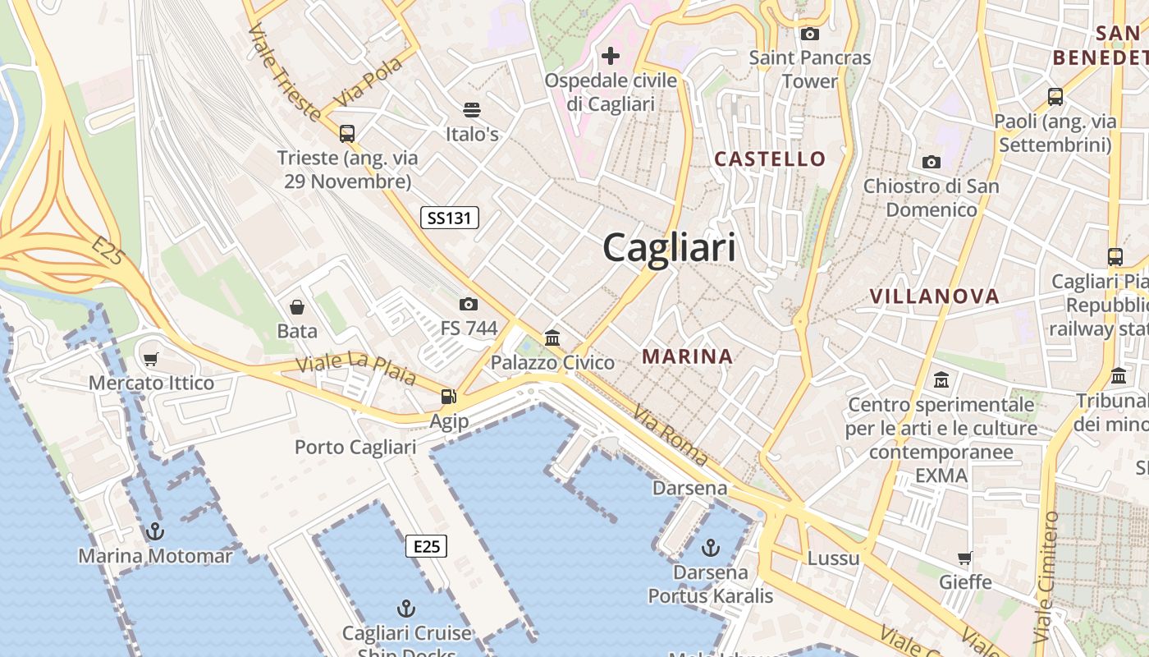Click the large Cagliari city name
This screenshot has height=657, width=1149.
(670, 247)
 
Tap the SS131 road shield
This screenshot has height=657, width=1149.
(449, 218)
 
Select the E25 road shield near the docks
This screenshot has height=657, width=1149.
(427, 546)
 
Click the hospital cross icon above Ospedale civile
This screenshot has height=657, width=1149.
(611, 56)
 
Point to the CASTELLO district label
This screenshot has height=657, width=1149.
(770, 159)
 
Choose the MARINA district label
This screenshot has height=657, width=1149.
(688, 356)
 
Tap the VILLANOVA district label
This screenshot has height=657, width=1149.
(934, 296)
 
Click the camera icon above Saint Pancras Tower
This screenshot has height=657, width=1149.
(810, 34)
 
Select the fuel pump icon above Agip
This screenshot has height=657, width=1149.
(448, 397)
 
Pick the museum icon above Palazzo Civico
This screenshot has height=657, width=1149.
(552, 338)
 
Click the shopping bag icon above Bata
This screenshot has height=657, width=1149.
(297, 307)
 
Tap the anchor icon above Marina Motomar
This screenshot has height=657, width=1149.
(155, 532)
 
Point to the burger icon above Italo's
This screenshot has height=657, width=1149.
(472, 109)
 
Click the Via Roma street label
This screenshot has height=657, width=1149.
(671, 437)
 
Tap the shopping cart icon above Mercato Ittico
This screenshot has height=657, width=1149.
(150, 359)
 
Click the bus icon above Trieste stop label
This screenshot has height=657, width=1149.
(347, 133)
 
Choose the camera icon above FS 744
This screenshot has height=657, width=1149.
(469, 305)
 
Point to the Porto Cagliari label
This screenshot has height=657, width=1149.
(355, 448)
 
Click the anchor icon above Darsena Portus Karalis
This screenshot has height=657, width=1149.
(711, 547)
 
